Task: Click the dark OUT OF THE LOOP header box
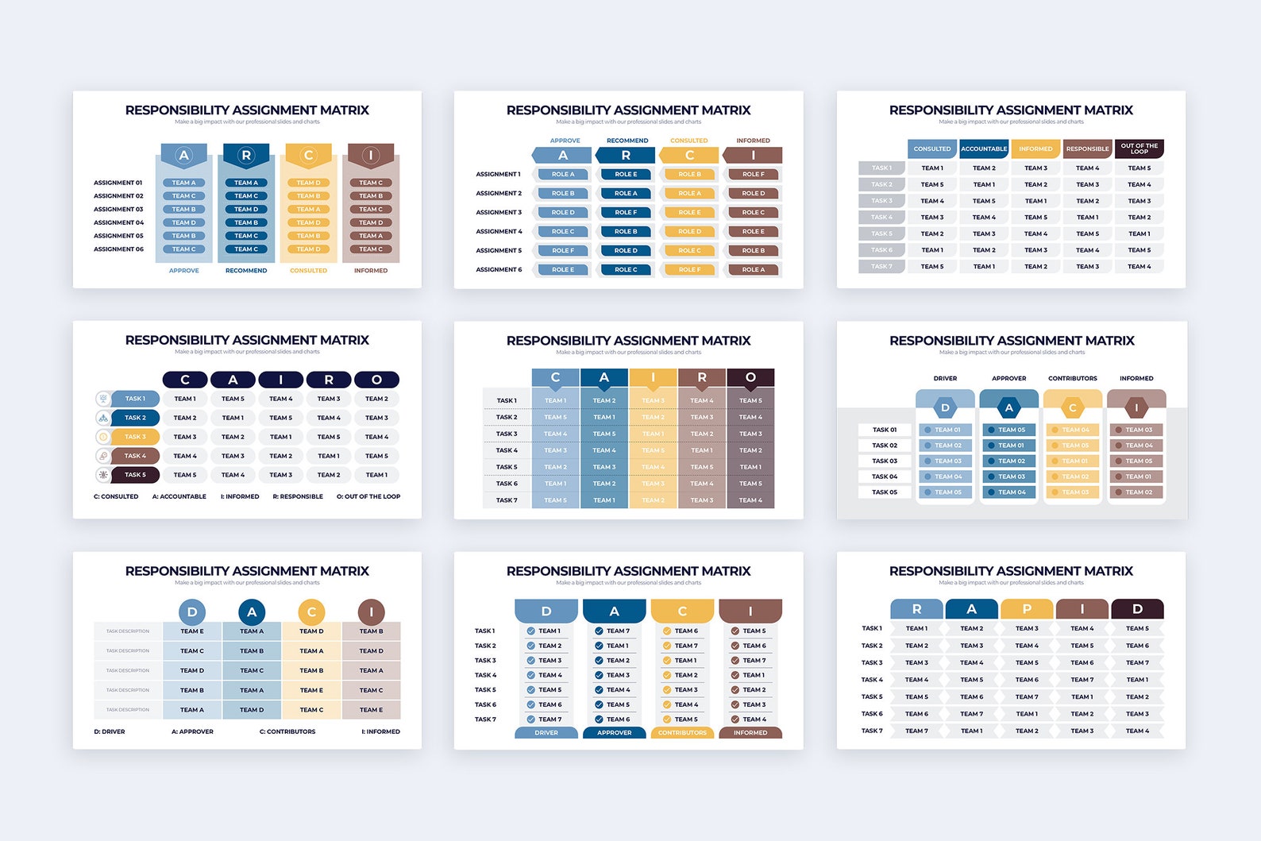1139,149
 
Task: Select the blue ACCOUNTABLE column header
984,149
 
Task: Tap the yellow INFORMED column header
1035,149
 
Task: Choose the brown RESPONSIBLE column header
1087,149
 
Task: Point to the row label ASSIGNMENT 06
118,249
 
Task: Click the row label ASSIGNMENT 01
118,183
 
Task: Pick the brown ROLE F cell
753,174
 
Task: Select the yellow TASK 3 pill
135,437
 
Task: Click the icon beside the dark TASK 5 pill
103,475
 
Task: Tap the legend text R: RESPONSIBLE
298,496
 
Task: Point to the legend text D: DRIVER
110,731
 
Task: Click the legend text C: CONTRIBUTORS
287,731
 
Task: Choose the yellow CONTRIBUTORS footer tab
682,733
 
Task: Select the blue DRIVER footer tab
546,733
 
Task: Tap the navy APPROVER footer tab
614,733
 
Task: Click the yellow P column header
1027,609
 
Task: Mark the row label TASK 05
885,492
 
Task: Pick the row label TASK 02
885,446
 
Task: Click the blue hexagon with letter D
945,408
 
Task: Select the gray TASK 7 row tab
881,267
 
